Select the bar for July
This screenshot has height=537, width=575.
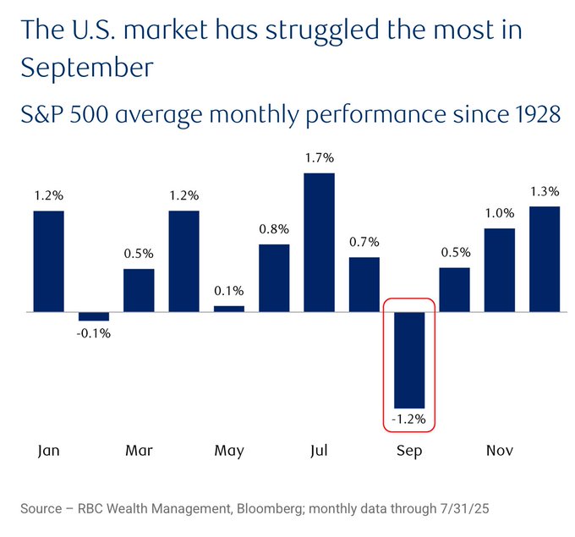319,243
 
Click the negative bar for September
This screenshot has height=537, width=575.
408,360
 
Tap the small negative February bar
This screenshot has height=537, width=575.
94,316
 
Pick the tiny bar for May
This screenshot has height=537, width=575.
228,309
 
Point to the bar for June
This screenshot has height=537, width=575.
274,278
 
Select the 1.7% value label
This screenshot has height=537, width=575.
319,157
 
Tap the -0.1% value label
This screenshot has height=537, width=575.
94,332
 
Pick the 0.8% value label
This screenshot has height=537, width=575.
274,229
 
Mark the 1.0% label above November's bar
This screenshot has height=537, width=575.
499,213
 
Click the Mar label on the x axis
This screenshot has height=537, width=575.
139,450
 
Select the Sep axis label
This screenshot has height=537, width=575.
409,450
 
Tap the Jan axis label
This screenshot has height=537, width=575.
49,450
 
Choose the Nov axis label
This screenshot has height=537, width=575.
499,450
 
